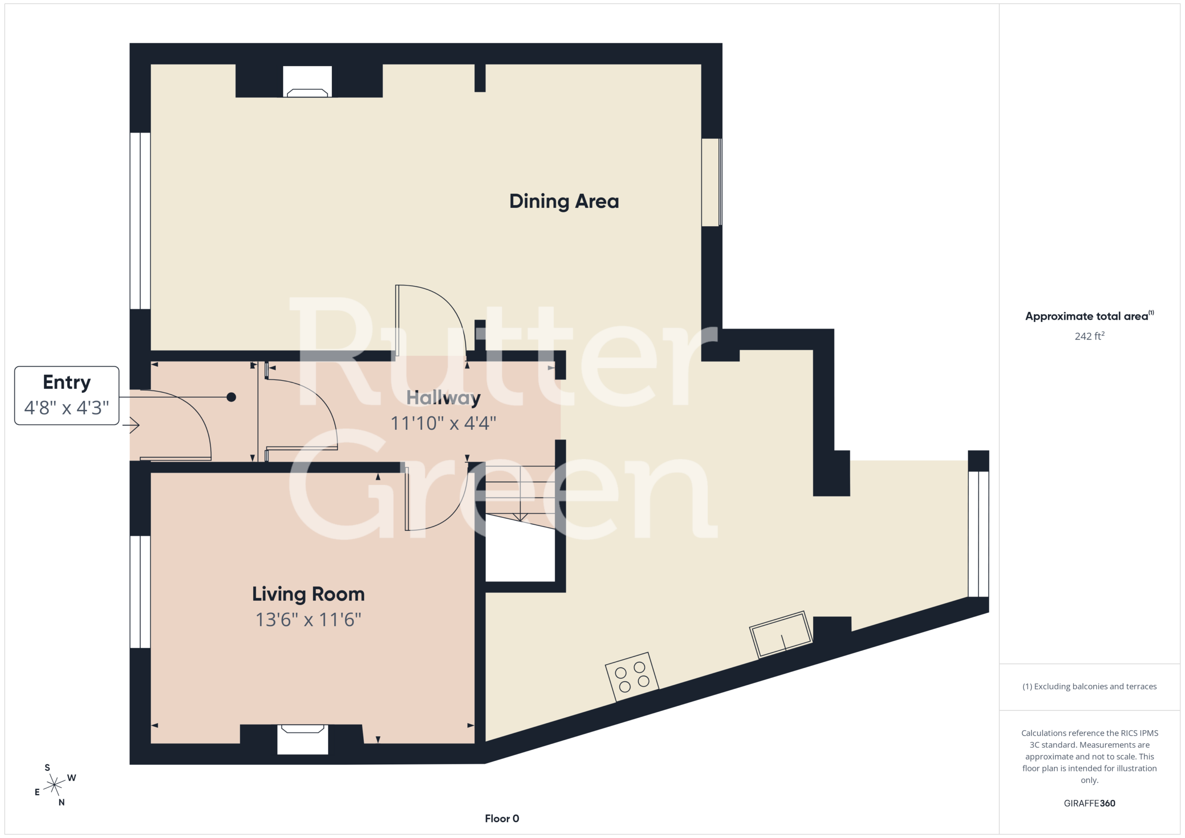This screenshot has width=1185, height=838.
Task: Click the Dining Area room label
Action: [x=564, y=201]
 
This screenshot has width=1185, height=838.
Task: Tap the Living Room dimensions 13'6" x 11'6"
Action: [x=308, y=620]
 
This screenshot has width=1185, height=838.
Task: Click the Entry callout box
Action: [x=67, y=395]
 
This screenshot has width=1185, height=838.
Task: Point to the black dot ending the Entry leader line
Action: [x=231, y=397]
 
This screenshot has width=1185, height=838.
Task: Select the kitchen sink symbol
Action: [x=781, y=635]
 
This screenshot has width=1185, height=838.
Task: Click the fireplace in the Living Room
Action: [x=302, y=739]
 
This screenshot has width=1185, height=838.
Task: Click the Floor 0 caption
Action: [x=502, y=819]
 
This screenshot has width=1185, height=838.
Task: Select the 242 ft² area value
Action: [x=1090, y=336]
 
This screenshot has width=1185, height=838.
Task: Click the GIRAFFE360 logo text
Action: [x=1090, y=803]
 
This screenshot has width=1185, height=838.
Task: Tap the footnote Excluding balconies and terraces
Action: [x=1090, y=686]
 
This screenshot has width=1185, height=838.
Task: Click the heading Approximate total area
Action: [x=1089, y=316]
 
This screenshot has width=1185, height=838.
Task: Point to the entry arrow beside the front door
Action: [x=131, y=425]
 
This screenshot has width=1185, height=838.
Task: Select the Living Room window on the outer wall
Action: [x=140, y=592]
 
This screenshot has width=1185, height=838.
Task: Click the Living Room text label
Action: [x=308, y=594]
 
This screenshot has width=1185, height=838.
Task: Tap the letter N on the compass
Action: [x=62, y=802]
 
